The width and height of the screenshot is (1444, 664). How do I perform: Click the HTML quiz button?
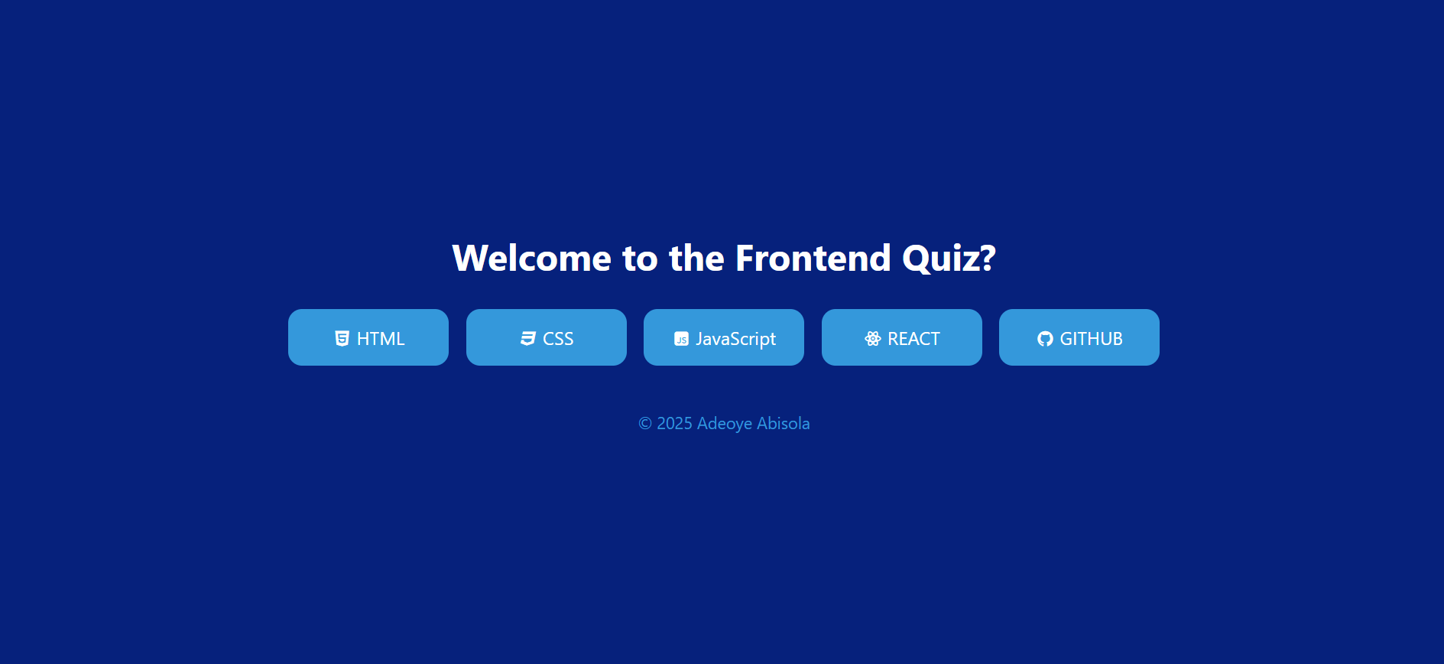click(x=368, y=337)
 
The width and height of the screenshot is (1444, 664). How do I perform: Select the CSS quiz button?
click(x=547, y=337)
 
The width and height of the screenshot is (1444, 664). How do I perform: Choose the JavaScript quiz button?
click(x=724, y=337)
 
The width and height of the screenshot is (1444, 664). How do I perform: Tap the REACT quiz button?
click(x=902, y=337)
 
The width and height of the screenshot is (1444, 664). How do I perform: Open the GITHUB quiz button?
click(x=1079, y=337)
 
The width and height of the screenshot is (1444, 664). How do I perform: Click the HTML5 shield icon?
click(x=342, y=339)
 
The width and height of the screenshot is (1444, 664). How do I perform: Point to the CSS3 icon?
click(x=528, y=339)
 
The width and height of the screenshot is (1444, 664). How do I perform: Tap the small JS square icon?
click(x=681, y=339)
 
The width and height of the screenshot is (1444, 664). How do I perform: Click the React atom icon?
click(x=873, y=339)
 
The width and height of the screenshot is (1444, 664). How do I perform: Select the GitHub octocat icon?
click(x=1045, y=339)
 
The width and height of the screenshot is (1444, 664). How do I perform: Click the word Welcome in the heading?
click(x=532, y=258)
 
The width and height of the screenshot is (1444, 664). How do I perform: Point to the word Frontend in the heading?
click(x=813, y=258)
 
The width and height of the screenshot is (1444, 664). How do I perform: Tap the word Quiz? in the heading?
click(x=949, y=259)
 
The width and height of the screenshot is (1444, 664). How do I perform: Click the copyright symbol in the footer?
click(x=645, y=424)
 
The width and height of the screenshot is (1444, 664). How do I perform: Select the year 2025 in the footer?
click(x=674, y=423)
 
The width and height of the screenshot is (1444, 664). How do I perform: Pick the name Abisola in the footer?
click(x=784, y=423)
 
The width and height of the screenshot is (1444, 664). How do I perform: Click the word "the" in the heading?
click(x=697, y=258)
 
